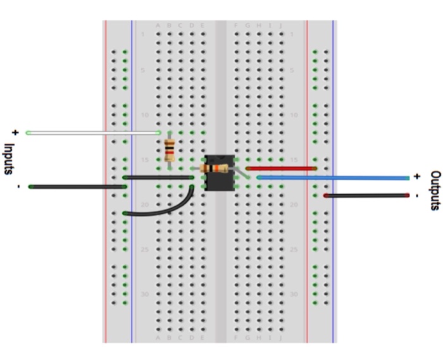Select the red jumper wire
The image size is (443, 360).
click(281, 168)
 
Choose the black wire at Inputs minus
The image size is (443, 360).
click(77, 187)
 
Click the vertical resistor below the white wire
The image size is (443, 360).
click(169, 151)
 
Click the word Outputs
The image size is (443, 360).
click(435, 190)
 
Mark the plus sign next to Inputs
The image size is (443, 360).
click(14, 133)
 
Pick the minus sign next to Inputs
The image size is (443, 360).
click(18, 187)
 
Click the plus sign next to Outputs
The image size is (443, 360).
click(417, 177)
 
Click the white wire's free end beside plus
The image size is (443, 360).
click(28, 133)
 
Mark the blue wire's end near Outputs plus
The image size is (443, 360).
click(408, 178)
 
